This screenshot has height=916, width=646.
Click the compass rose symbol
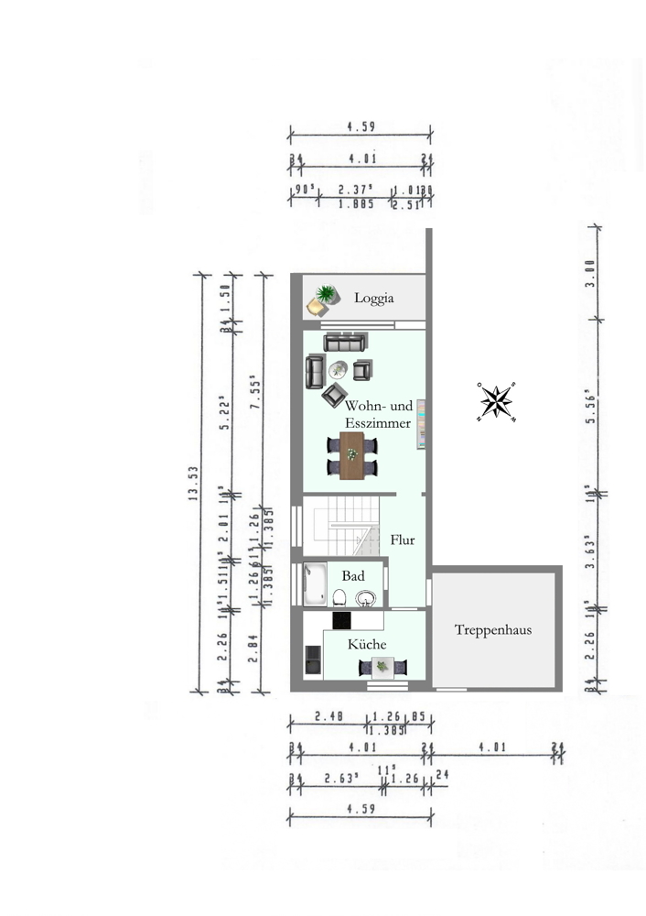[496, 402]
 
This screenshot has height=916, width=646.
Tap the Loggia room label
[374, 298]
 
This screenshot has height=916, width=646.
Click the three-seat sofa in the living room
[344, 343]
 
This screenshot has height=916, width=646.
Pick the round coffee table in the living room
[338, 370]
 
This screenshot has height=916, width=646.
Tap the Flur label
[403, 540]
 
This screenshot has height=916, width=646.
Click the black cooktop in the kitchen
[342, 620]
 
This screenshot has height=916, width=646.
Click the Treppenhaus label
[493, 630]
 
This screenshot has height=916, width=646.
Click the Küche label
[367, 645]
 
